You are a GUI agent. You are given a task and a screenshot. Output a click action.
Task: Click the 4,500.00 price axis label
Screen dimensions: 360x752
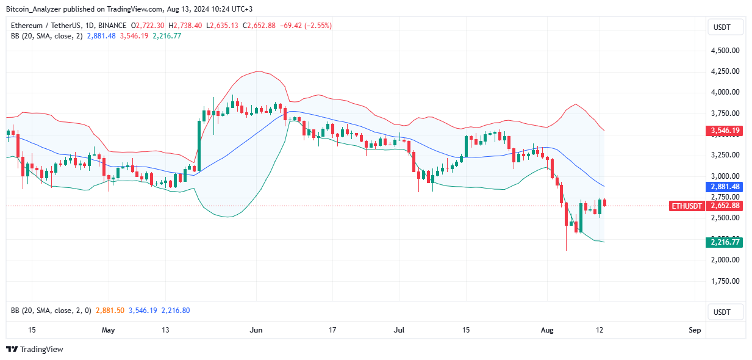pos(725,51)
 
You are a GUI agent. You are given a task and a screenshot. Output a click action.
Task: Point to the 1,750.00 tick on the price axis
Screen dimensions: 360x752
pos(725,281)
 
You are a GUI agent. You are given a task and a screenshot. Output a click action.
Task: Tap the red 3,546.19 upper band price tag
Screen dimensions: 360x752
pos(725,131)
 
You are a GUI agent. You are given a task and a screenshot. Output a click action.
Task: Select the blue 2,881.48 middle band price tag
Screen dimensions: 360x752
pos(725,186)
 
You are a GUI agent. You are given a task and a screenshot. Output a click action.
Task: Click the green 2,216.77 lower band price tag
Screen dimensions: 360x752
pos(725,242)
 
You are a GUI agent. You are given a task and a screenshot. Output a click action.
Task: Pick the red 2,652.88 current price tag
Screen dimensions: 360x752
pos(725,206)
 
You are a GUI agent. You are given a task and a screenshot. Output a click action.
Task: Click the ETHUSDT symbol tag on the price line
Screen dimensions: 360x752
pos(687,206)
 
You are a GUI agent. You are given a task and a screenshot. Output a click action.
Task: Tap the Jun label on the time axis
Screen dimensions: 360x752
pos(256,330)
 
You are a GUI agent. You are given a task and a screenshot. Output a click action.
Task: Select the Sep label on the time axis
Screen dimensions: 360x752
pos(695,330)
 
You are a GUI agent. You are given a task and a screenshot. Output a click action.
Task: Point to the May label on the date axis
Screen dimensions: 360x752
pos(108,330)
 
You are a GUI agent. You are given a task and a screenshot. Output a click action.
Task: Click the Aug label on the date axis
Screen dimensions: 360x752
pos(547,330)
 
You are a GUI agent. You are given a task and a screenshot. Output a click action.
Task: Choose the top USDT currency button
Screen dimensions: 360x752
pos(725,27)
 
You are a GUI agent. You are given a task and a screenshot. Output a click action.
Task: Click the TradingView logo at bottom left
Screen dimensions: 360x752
pos(35,350)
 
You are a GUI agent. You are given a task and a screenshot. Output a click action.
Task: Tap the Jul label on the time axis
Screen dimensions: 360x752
pos(399,330)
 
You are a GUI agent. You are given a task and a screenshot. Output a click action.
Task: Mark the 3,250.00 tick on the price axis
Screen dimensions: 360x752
pos(725,155)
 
